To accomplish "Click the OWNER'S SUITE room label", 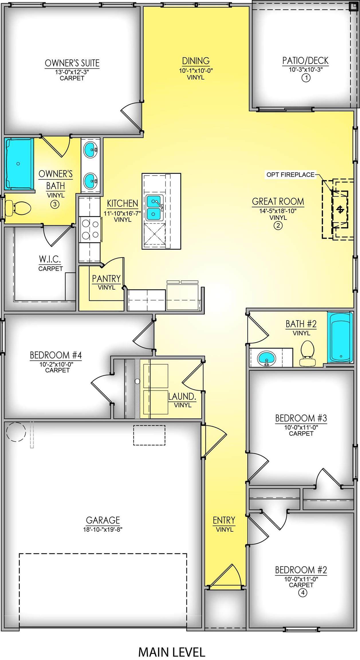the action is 72,63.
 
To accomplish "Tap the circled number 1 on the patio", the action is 306,78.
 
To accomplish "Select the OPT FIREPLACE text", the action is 290,175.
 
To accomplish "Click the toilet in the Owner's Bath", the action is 18,208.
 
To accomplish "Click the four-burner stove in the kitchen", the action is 90,229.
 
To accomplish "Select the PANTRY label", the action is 106,278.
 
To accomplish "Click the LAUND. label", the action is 182,397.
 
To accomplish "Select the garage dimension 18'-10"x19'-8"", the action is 103,529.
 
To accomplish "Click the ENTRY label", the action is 224,520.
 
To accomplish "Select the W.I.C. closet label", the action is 50,259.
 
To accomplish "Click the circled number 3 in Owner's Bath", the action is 55,204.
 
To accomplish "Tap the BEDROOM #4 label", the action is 56,355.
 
